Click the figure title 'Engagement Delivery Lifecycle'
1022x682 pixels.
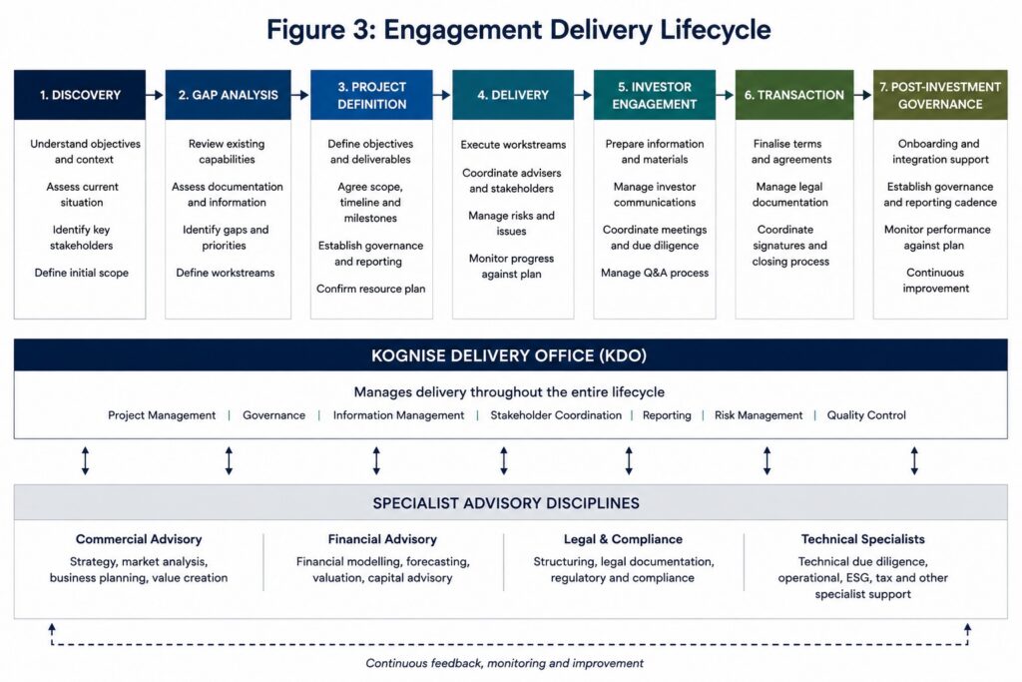[x=577, y=30]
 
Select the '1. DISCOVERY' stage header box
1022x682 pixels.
[x=80, y=95]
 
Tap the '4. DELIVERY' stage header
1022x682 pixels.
[x=513, y=95]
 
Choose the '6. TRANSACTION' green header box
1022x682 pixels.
[x=793, y=95]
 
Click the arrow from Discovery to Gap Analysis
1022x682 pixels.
[x=155, y=95]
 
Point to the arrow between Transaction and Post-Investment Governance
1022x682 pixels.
[x=863, y=95]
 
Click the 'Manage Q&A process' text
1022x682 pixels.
[x=655, y=273]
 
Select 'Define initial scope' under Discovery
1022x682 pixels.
[x=82, y=273]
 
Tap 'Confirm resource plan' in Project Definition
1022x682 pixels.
[x=371, y=289]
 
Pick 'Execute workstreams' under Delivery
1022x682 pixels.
[x=513, y=144]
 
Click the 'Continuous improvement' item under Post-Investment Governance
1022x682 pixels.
[x=935, y=281]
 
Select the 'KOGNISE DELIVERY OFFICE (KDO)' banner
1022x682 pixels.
[x=510, y=355]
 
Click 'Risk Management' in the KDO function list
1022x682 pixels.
[x=759, y=415]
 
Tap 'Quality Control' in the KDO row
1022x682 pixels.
[x=866, y=415]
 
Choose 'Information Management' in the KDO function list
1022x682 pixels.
[x=398, y=415]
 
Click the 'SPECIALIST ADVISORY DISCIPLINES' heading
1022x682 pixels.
[x=506, y=503]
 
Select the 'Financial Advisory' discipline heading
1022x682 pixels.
[x=382, y=539]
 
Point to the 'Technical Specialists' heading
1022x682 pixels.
[x=863, y=539]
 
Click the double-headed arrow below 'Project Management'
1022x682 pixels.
[x=86, y=460]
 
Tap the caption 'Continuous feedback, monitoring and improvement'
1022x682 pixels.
[x=504, y=663]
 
